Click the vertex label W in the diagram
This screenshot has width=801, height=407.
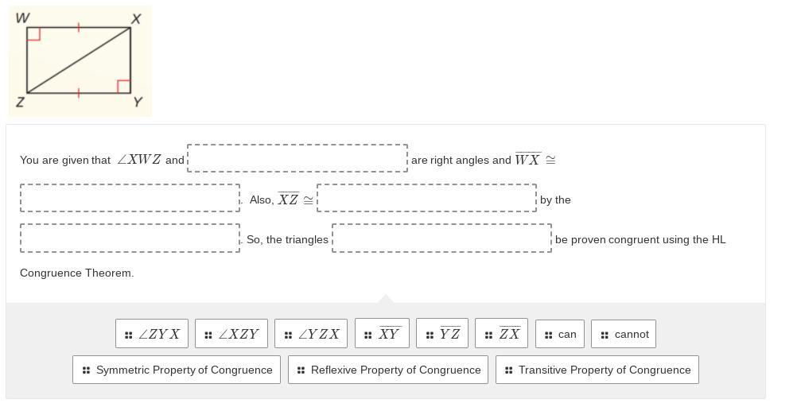click(22, 17)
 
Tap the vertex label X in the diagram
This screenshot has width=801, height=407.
click(136, 18)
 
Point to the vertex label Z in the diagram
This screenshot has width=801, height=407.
click(20, 103)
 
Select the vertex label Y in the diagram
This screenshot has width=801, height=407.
click(138, 103)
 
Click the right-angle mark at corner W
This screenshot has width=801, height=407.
click(33, 34)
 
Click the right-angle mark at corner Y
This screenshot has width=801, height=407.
click(123, 86)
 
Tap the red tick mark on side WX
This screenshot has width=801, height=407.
click(78, 28)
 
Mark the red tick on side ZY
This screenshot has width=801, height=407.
click(78, 93)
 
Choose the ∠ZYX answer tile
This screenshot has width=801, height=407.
click(152, 334)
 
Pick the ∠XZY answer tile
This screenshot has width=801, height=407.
click(231, 334)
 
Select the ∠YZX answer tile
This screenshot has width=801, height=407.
click(311, 334)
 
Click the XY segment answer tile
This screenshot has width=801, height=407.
click(382, 334)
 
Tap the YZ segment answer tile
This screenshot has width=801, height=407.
click(442, 334)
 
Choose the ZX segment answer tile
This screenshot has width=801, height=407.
click(501, 334)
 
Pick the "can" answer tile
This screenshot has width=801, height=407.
click(560, 334)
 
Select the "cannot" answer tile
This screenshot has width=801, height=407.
click(624, 334)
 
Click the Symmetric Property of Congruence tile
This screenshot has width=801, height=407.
click(177, 370)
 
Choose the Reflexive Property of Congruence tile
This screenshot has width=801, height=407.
click(388, 370)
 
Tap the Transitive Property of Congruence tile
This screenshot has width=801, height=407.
click(597, 370)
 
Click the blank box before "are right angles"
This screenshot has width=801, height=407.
click(297, 158)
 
